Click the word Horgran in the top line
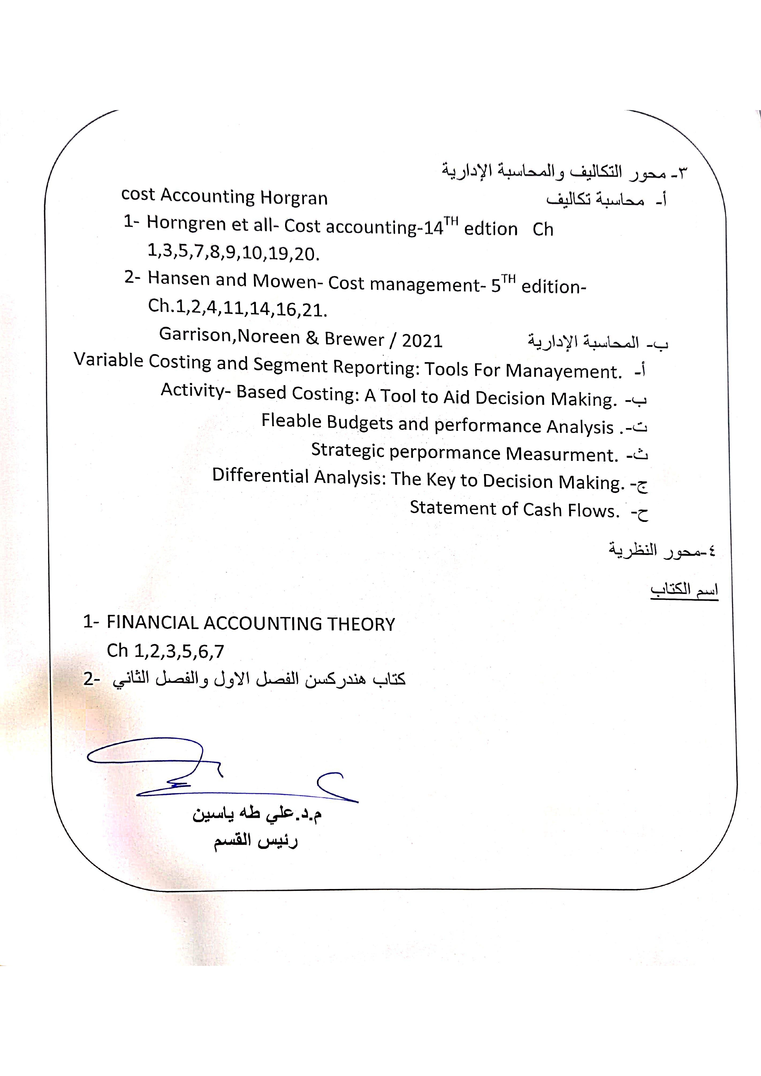(294, 198)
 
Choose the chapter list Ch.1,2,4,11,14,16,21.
(237, 308)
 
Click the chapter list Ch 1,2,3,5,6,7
(165, 651)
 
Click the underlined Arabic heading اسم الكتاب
(684, 590)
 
